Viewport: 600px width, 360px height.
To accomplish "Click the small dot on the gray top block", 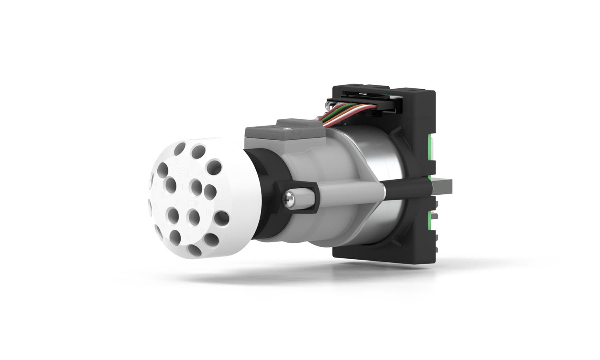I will (286, 129).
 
